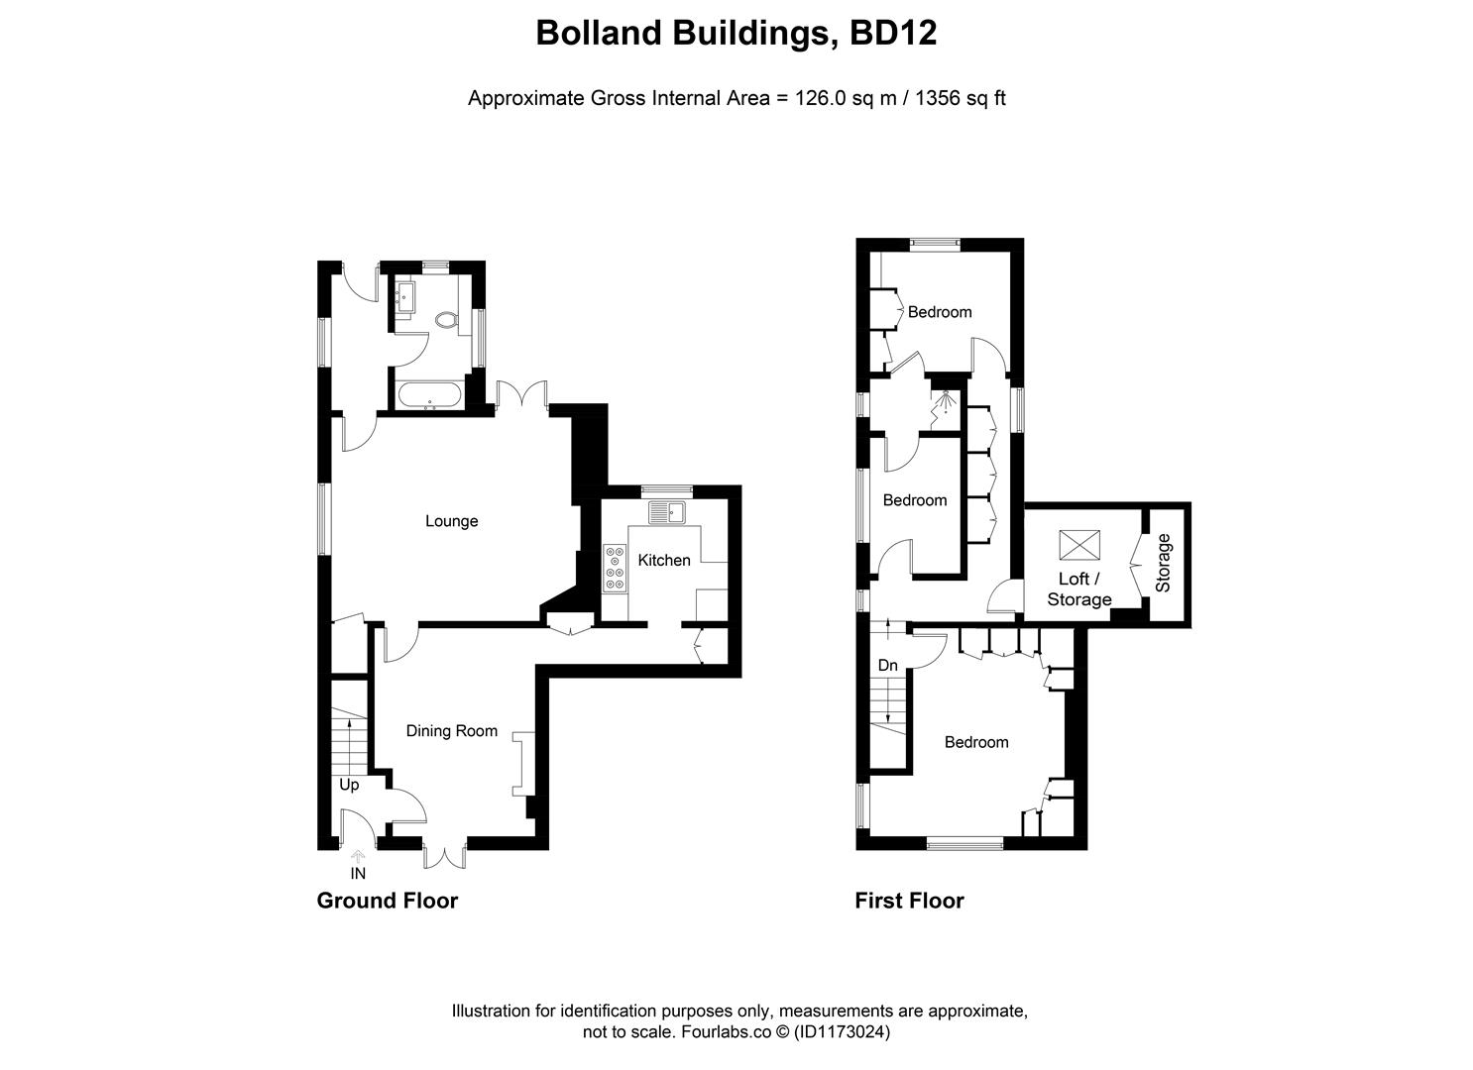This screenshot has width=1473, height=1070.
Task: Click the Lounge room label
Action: (451, 521)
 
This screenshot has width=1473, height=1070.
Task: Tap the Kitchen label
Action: (663, 561)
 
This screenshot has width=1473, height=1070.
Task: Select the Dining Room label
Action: (451, 731)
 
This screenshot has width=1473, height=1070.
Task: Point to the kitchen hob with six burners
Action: (615, 569)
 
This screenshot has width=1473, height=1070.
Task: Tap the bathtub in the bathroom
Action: (429, 396)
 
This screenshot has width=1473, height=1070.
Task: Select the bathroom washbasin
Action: (405, 295)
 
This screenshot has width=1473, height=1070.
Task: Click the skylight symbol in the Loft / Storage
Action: (1079, 545)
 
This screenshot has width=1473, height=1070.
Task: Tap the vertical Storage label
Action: (1164, 563)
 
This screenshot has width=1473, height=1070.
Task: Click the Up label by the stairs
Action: (349, 785)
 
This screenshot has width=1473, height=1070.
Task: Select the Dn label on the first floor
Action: (887, 666)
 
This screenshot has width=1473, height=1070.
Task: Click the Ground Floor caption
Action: (387, 901)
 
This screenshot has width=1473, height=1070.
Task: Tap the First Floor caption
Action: (909, 901)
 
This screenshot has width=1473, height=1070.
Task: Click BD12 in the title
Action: (892, 34)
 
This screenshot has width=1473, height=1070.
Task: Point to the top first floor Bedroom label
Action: (939, 312)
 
